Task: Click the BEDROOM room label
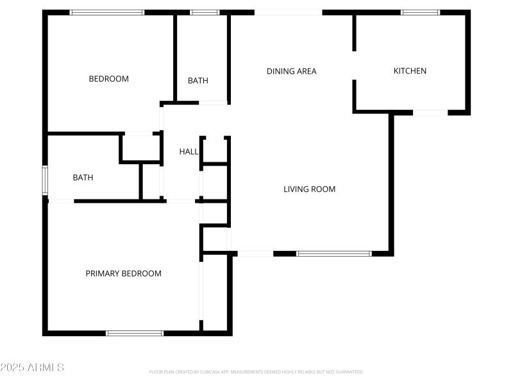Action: pos(108,79)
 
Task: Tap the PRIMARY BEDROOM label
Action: pos(123,273)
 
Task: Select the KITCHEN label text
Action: pos(410,71)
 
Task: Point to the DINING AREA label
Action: pos(291,71)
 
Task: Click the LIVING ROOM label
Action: pos(309,189)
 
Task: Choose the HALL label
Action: pos(189,151)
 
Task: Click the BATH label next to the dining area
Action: pos(198,81)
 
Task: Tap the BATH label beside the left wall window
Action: pos(83,177)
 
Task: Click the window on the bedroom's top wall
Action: pos(107,12)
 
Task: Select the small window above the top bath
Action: pos(205,12)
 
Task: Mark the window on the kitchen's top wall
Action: pos(421,12)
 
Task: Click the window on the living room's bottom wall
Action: pos(333,253)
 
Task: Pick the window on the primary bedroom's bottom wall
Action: pos(135,333)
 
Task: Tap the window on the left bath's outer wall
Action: pos(45,180)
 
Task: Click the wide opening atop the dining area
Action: pos(288,12)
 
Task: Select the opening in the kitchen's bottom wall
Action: pos(430,113)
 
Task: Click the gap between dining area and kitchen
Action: pos(354,65)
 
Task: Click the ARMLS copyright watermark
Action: pos(32,368)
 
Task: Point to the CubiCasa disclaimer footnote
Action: pos(256,372)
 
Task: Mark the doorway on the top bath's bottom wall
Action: pos(213,103)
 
